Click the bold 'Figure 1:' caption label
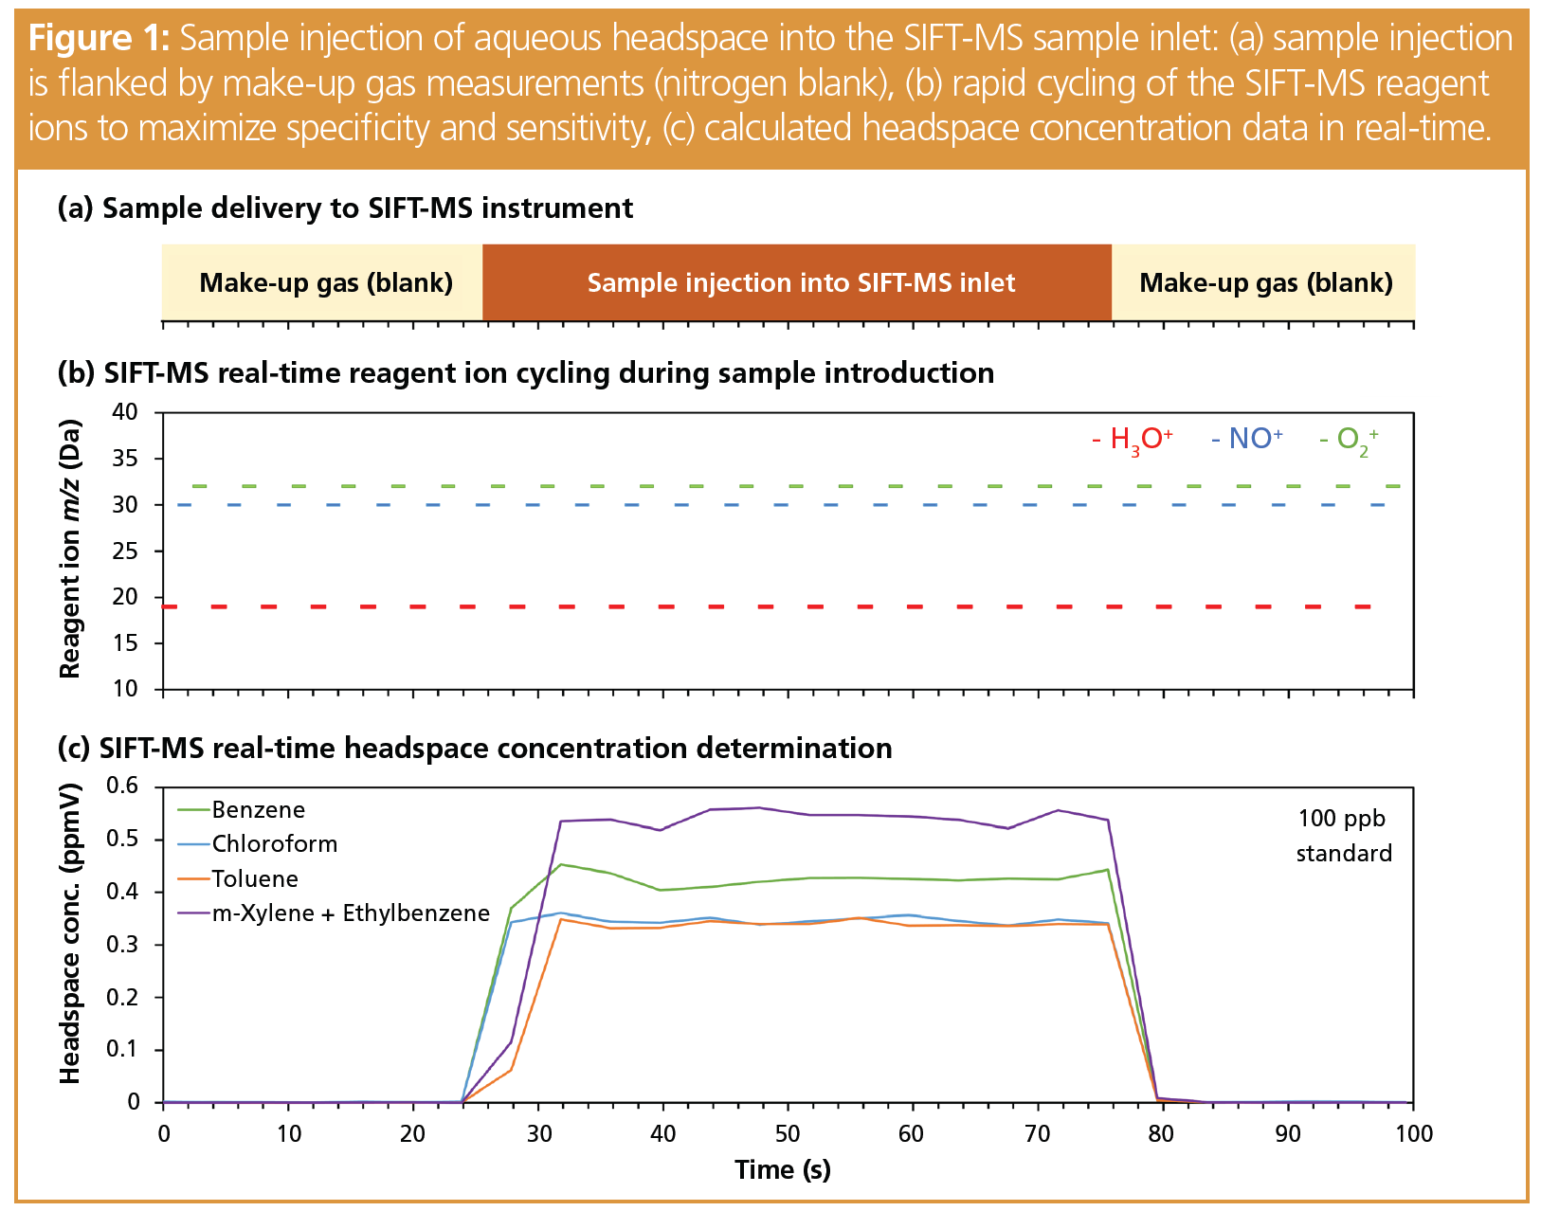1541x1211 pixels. [x=99, y=39]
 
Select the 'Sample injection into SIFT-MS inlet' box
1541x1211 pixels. [x=800, y=283]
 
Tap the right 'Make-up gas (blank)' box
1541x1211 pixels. [x=1265, y=283]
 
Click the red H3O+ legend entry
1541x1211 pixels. [x=1133, y=440]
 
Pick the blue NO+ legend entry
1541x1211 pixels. [x=1247, y=439]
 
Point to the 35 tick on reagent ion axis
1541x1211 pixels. [x=126, y=460]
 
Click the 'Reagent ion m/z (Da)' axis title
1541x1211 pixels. [x=70, y=550]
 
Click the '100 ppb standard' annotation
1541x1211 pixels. [x=1343, y=836]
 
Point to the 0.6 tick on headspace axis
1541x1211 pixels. [x=123, y=786]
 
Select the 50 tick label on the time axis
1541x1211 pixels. [x=788, y=1134]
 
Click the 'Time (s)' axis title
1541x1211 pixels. [x=783, y=1170]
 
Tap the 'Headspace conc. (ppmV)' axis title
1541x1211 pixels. [x=70, y=933]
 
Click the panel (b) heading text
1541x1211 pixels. [x=526, y=373]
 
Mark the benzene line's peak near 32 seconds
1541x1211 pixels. [x=561, y=864]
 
